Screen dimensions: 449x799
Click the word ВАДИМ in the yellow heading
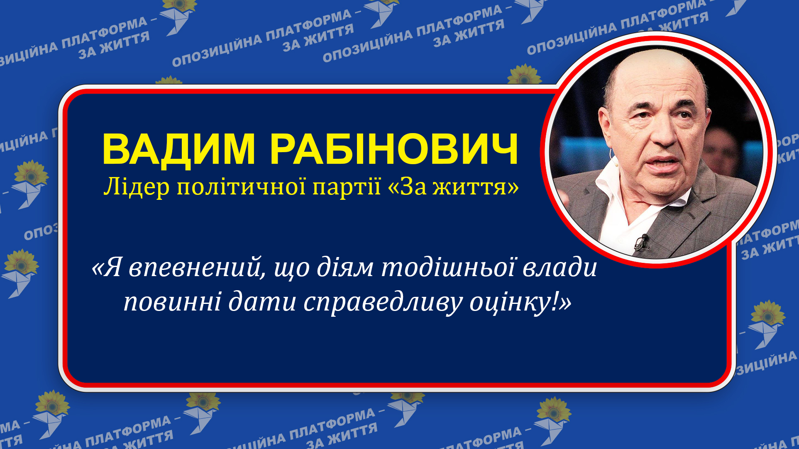click(178, 149)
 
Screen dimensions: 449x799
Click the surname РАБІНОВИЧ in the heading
click(394, 149)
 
